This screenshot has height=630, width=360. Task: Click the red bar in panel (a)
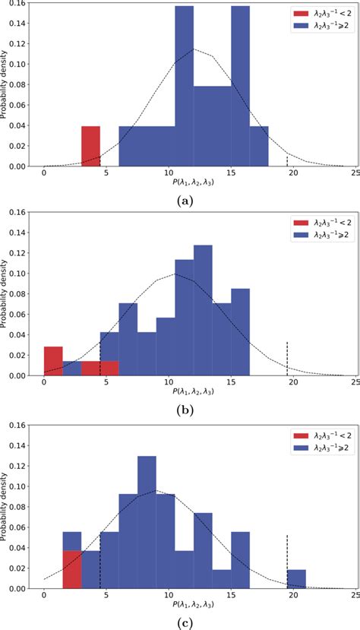pyautogui.click(x=90, y=146)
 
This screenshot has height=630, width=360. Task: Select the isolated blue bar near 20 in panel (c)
pyautogui.click(x=296, y=579)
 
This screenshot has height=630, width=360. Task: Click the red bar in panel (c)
pyautogui.click(x=72, y=570)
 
